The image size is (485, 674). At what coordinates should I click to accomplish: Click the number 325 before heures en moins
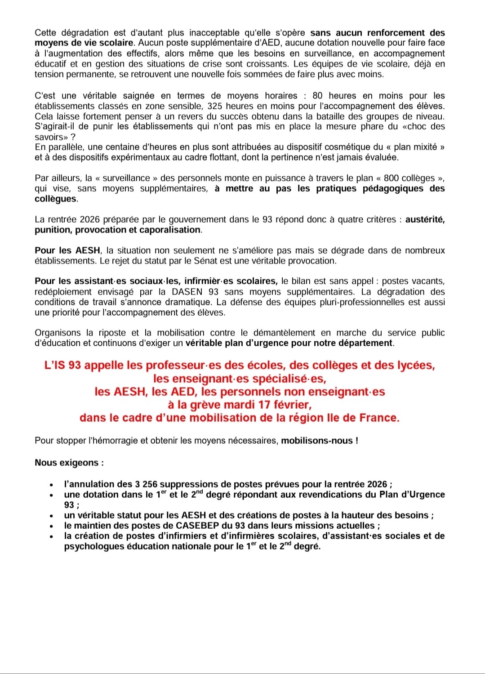pos(215,106)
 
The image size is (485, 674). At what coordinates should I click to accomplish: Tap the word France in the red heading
pos(379,418)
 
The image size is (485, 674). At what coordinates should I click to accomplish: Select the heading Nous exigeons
pos(69,463)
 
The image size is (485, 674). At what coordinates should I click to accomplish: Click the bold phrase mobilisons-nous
pos(320,441)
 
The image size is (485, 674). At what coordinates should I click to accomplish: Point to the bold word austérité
pos(425,219)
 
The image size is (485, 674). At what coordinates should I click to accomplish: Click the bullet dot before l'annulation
pos(52,485)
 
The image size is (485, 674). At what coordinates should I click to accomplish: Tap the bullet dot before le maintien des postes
pos(52,527)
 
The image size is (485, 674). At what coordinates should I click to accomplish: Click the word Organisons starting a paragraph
pos(57,333)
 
